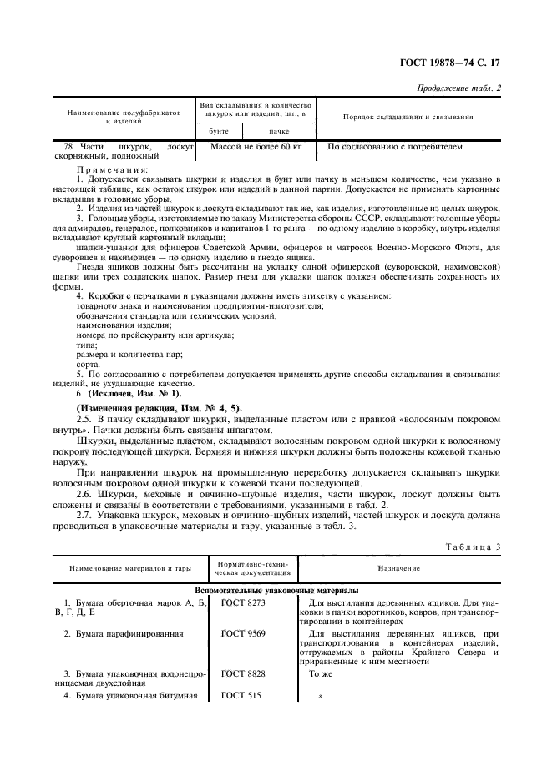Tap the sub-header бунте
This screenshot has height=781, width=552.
(x=215, y=132)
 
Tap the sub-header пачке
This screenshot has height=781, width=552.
(x=278, y=132)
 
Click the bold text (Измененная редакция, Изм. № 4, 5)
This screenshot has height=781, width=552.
(x=159, y=406)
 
